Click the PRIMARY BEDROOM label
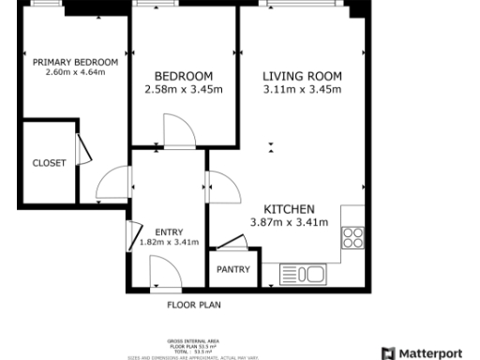[x=75, y=62]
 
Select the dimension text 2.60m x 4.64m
[x=75, y=72]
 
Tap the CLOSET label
[x=49, y=162]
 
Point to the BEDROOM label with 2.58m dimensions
[x=184, y=76]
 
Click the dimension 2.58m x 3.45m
[x=184, y=90]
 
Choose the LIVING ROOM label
[x=301, y=76]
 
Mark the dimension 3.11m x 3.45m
[x=301, y=90]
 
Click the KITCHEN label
[x=289, y=208]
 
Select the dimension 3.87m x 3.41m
[x=289, y=222]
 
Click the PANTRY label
[x=232, y=269]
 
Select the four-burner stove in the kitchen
[x=352, y=238]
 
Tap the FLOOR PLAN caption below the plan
[x=193, y=305]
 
